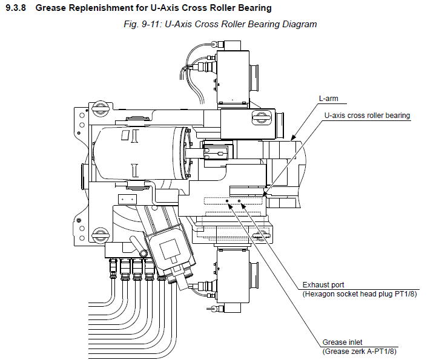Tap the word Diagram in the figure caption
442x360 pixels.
(300, 24)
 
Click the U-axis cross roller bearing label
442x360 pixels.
(368, 116)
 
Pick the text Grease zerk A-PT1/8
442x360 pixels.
(360, 351)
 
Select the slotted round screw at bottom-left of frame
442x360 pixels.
(98, 234)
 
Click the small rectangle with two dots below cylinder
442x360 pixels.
(127, 198)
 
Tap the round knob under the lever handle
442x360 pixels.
(140, 250)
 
